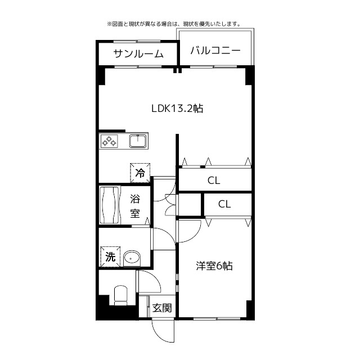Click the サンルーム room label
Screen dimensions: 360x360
(138, 54)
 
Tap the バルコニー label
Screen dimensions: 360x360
(215, 51)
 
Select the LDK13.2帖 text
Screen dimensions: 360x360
(177, 109)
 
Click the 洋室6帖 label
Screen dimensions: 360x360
(214, 266)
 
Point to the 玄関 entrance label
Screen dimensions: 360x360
(162, 308)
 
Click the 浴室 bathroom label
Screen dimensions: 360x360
(136, 206)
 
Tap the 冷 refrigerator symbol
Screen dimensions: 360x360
(139, 173)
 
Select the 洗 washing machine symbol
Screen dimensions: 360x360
(110, 257)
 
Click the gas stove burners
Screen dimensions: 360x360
(110, 141)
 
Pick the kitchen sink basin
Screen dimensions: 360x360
(138, 141)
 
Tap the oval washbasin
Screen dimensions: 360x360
(132, 258)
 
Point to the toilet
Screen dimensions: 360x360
(120, 295)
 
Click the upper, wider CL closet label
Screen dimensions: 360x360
(214, 181)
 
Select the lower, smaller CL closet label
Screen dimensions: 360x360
(224, 204)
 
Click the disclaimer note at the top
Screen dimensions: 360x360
(173, 24)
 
